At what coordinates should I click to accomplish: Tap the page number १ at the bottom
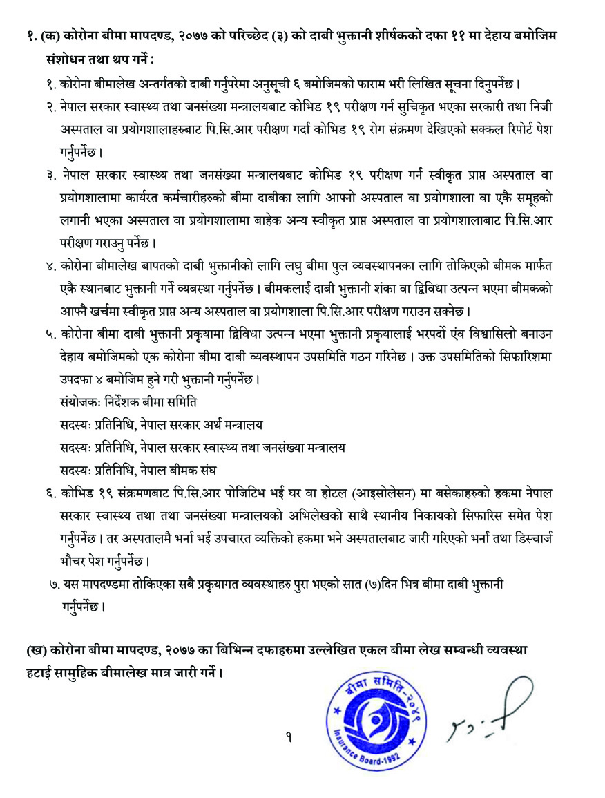click(x=288, y=738)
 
